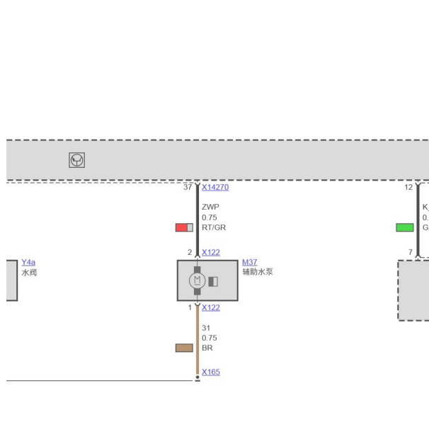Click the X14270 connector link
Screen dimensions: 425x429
214,188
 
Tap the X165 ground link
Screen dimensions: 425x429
210,372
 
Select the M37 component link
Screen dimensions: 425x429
249,262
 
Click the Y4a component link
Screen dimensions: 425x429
28,262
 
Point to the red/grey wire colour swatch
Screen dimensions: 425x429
184,227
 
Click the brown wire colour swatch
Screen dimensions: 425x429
184,348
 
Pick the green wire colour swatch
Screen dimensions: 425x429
404,227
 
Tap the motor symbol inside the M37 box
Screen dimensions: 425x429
197,280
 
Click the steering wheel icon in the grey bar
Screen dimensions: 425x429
76,161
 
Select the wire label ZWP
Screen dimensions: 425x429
210,207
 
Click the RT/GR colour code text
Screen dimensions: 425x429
213,227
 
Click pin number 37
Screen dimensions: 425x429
188,188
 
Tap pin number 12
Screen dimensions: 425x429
408,188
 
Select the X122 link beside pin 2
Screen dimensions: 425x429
210,252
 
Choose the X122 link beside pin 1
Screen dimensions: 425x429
210,307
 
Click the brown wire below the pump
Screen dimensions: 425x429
198,340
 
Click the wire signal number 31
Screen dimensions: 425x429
206,328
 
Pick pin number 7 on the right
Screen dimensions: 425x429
410,252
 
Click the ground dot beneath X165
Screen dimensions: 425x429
198,379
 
